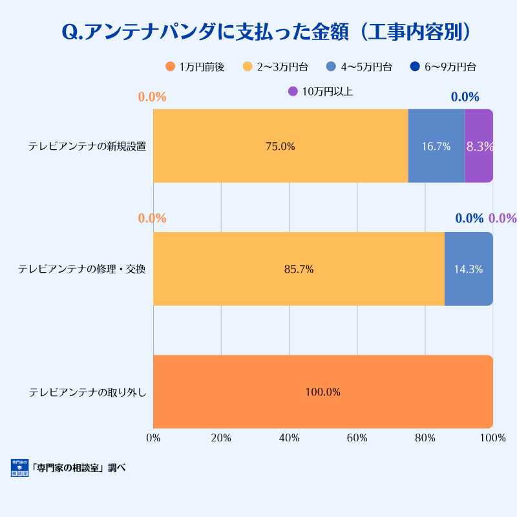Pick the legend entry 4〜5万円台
(359, 67)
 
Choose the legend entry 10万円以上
(321, 92)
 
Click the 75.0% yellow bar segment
(280, 146)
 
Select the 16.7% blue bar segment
(436, 146)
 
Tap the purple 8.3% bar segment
(479, 146)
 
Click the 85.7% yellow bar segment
(299, 269)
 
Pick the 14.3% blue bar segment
(469, 269)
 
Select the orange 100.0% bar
(322, 392)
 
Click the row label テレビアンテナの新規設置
(87, 146)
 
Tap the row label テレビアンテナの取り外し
(88, 392)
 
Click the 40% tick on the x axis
(289, 438)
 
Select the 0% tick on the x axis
(153, 438)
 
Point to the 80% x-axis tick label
(425, 438)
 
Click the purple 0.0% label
(502, 218)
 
